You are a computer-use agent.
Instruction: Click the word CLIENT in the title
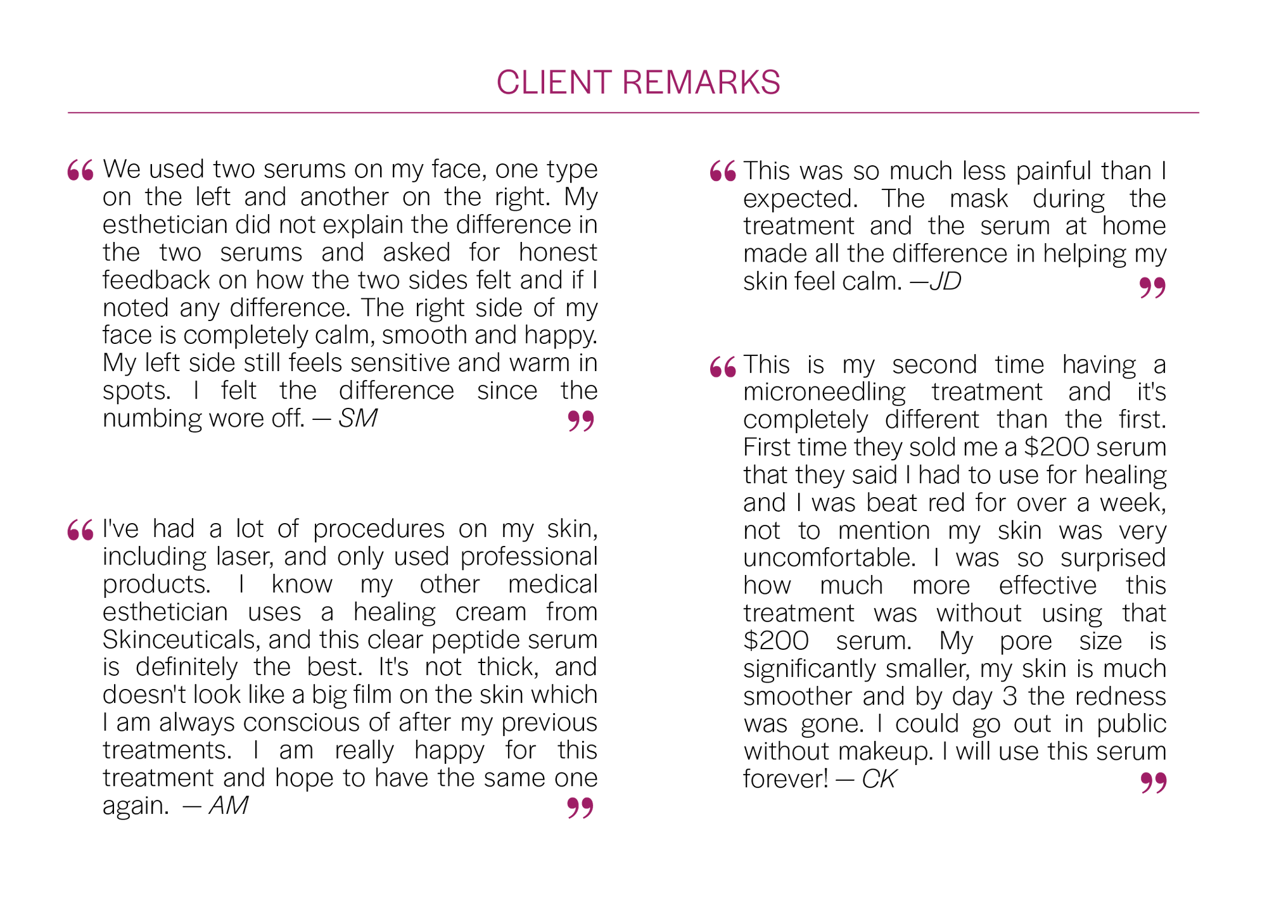pyautogui.click(x=554, y=83)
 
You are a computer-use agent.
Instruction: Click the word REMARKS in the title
pyautogui.click(x=701, y=83)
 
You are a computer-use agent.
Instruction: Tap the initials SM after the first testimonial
pyautogui.click(x=358, y=418)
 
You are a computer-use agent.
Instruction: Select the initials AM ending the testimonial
pyautogui.click(x=229, y=806)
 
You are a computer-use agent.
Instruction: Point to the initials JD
pyautogui.click(x=945, y=281)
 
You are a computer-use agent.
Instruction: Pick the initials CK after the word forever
pyautogui.click(x=879, y=779)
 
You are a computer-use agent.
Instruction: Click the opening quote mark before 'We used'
pyautogui.click(x=80, y=170)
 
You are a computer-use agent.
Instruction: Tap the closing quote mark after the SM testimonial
pyautogui.click(x=581, y=421)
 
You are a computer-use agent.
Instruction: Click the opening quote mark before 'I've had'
pyautogui.click(x=80, y=530)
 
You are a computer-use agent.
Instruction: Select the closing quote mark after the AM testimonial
pyautogui.click(x=580, y=808)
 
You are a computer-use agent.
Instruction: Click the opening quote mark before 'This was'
pyautogui.click(x=723, y=171)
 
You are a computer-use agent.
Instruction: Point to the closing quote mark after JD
pyautogui.click(x=1152, y=288)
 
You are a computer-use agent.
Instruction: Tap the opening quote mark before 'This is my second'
pyautogui.click(x=723, y=367)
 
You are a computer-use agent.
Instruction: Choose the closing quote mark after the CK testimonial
pyautogui.click(x=1154, y=783)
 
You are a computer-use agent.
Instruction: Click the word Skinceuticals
pyautogui.click(x=181, y=640)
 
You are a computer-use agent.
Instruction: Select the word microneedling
pyautogui.click(x=824, y=393)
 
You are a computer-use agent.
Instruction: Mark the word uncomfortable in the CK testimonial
pyautogui.click(x=829, y=558)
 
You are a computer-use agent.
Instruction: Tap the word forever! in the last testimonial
pyautogui.click(x=786, y=779)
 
